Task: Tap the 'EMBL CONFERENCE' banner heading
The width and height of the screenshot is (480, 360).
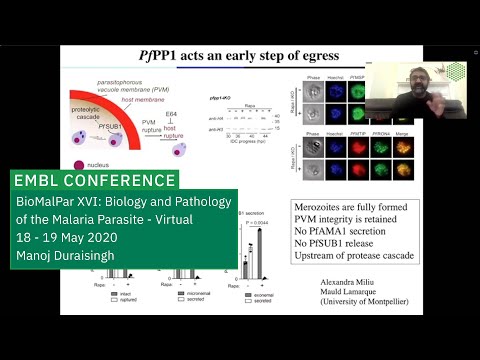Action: pyautogui.click(x=96, y=181)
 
